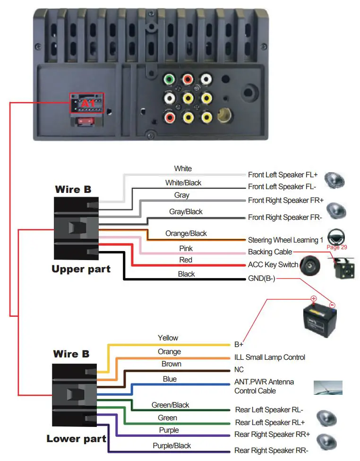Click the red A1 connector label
coord(87,103)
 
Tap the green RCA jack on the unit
coord(169,79)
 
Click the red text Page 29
coord(336,247)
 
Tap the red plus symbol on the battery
coord(313,299)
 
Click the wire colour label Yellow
coord(168,338)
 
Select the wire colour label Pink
coord(186,248)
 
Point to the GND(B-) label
coord(261,278)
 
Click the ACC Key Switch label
coord(273,265)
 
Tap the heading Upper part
coord(81,270)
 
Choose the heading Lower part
coord(76,439)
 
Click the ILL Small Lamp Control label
coord(270,357)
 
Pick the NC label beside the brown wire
coord(239,370)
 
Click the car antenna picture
coord(328,387)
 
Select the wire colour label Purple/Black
coord(171,445)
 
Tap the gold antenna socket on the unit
coord(223,115)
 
